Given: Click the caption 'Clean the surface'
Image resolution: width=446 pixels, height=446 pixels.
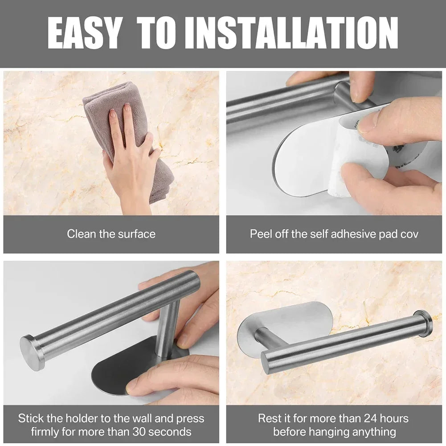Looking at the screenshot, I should (111, 233).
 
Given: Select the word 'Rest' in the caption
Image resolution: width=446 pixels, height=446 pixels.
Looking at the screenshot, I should (269, 418).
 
